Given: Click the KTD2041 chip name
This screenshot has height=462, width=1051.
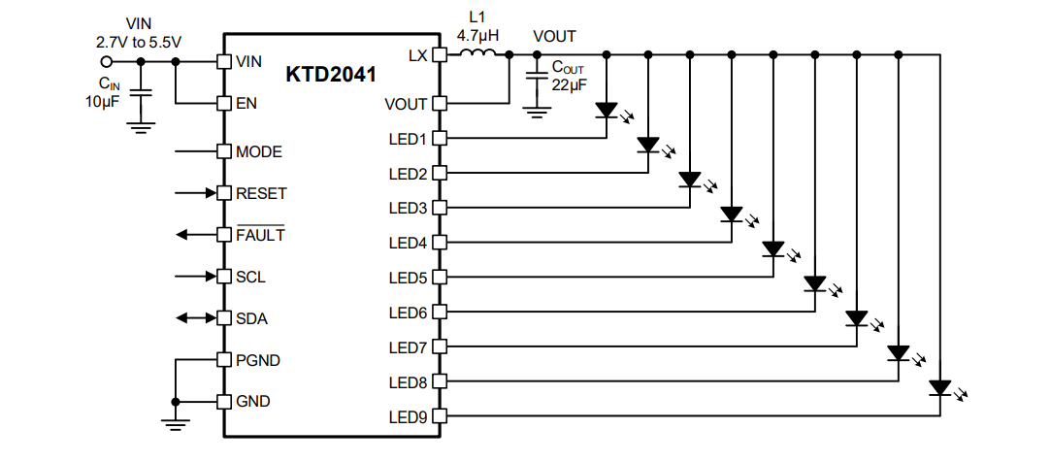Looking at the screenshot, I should pyautogui.click(x=330, y=74).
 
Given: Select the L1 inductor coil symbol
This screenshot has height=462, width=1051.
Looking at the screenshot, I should pyautogui.click(x=476, y=54).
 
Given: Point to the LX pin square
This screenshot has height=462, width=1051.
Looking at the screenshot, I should pyautogui.click(x=439, y=55).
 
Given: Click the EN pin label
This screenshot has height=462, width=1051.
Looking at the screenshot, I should pyautogui.click(x=246, y=103).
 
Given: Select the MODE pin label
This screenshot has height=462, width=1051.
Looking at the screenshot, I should pyautogui.click(x=259, y=152).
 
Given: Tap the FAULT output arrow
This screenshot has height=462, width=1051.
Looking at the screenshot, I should pyautogui.click(x=195, y=235).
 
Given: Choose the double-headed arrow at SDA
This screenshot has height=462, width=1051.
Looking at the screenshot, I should pyautogui.click(x=195, y=318).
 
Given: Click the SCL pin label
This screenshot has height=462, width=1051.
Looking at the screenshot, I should pyautogui.click(x=251, y=277).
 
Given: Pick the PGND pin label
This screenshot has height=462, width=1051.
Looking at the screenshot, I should pyautogui.click(x=258, y=360).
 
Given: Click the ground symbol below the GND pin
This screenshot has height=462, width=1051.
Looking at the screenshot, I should pyautogui.click(x=176, y=421).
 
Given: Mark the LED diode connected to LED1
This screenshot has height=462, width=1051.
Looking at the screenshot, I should pyautogui.click(x=607, y=111).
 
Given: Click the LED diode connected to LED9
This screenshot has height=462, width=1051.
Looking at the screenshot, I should pyautogui.click(x=939, y=388).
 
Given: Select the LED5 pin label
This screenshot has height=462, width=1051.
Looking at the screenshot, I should pyautogui.click(x=409, y=279).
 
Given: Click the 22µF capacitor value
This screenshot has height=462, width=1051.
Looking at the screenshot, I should pyautogui.click(x=570, y=84).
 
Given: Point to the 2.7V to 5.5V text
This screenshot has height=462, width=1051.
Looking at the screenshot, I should pyautogui.click(x=139, y=42).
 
